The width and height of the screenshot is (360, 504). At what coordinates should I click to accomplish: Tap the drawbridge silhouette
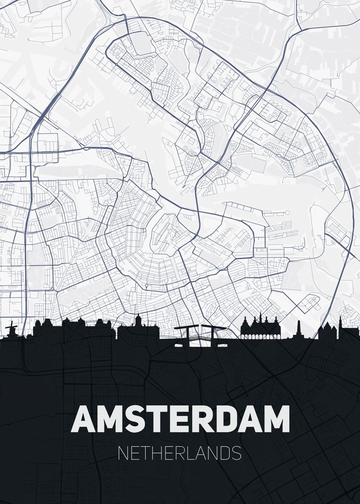(x=200, y=336)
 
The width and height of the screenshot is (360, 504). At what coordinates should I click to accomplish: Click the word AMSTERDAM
(x=180, y=419)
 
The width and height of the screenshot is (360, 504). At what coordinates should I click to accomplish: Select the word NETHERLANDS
(x=180, y=454)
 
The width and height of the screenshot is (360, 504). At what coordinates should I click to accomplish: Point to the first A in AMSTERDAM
(x=83, y=419)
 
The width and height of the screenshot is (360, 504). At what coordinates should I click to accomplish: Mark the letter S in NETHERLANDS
(x=236, y=454)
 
